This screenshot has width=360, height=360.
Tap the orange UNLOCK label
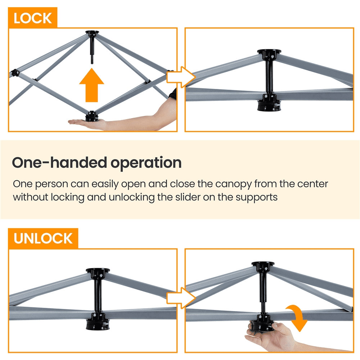coord(43,238)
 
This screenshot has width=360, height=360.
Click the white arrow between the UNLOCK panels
coord(181,298)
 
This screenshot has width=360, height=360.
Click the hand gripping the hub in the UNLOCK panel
coord(266,333)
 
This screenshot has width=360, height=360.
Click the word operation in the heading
coord(145,163)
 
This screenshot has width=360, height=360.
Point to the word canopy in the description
coord(233,184)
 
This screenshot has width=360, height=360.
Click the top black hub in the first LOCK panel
coord(91,35)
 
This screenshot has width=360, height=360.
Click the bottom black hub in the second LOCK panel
coord(269,105)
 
